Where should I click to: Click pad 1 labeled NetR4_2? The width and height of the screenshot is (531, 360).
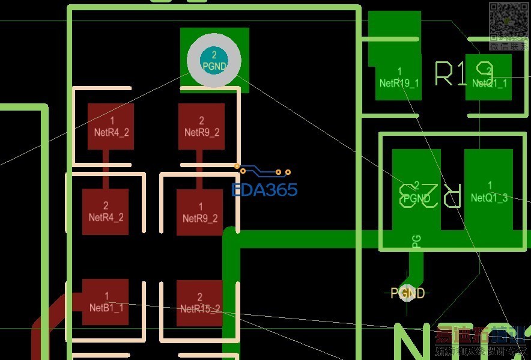[x=111, y=126]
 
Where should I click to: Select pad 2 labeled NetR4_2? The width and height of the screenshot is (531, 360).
[x=105, y=212]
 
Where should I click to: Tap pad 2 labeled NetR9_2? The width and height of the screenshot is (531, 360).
[x=201, y=126]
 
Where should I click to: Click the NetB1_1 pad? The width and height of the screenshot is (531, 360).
[x=106, y=302]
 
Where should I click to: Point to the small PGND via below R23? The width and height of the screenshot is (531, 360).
[x=408, y=293]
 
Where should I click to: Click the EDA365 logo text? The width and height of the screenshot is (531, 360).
[x=264, y=190]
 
